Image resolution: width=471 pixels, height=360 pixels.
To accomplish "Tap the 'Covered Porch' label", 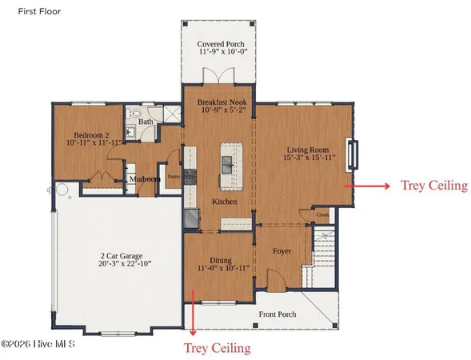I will click(220, 45).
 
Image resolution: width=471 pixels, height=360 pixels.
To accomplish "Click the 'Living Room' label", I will click(309, 150).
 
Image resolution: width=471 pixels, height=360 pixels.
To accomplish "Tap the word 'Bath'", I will click(145, 122).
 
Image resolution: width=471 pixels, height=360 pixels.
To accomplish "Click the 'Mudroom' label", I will click(145, 179).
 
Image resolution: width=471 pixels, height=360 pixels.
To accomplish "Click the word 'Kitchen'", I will click(224, 202).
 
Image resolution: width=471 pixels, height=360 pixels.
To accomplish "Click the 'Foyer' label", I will click(281, 251).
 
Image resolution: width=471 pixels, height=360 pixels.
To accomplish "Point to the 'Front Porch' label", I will click(277, 314).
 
